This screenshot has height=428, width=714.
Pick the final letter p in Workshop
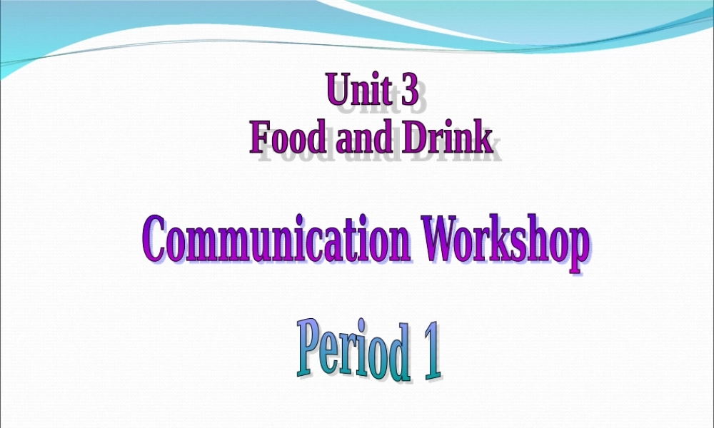click(x=579, y=247)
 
